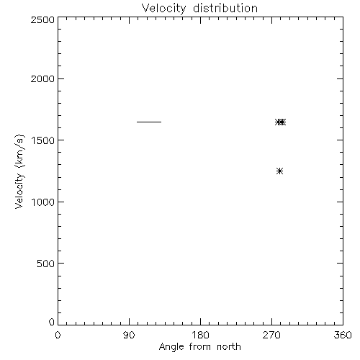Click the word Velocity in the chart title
(x=163, y=9)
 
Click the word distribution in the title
(x=225, y=8)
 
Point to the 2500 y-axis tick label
(x=42, y=19)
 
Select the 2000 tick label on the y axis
(x=42, y=78)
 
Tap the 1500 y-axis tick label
(x=43, y=140)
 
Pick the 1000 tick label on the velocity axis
(x=43, y=202)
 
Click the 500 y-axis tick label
(x=46, y=264)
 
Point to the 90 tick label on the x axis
(x=129, y=335)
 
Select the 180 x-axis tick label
(x=200, y=335)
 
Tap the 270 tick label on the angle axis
(x=271, y=335)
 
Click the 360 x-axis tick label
(x=343, y=335)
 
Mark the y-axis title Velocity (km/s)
(x=19, y=171)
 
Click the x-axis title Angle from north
(x=200, y=347)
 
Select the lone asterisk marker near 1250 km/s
(x=279, y=171)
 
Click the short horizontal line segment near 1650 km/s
(x=149, y=122)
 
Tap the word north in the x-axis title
(x=229, y=346)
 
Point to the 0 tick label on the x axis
(x=58, y=335)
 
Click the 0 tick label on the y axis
(x=52, y=322)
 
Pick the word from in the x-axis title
(x=200, y=346)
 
